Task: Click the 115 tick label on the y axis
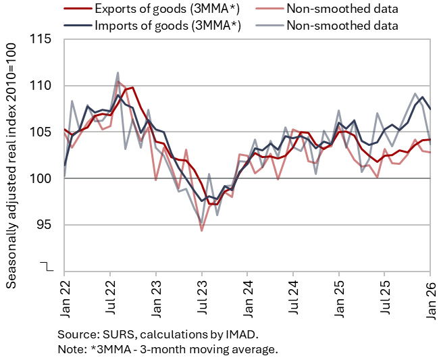pos(41,39)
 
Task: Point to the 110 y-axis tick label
pos(41,85)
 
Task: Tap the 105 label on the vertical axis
pos(41,132)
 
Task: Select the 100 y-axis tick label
pos(41,178)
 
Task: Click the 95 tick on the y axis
pos(45,225)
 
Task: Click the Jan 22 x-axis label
pos(65,299)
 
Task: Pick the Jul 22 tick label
pos(110,297)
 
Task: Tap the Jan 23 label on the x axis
pos(156,299)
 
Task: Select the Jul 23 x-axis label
pos(202,297)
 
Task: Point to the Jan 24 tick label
pos(247,299)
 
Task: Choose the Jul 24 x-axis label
pos(293,297)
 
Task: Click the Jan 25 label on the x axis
pos(339,299)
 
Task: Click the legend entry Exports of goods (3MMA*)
pos(167,9)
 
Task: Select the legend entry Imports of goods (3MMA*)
pos(167,26)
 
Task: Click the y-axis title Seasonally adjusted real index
pos(11,195)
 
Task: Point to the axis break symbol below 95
pos(47,267)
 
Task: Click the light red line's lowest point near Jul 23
pos(201,231)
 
